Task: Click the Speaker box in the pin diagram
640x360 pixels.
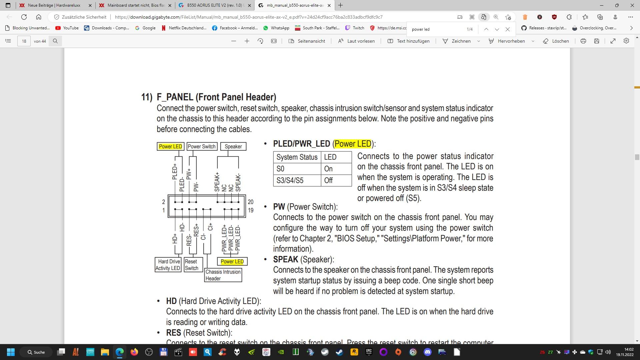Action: click(233, 146)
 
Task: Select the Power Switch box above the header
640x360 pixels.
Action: click(202, 146)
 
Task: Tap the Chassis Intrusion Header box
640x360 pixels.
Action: click(223, 275)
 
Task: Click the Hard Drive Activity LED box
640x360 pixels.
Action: click(168, 265)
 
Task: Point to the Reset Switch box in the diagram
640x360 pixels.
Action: click(193, 265)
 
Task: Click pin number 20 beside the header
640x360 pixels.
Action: click(251, 202)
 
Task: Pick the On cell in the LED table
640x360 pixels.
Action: click(336, 169)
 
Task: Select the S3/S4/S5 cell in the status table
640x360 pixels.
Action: click(297, 180)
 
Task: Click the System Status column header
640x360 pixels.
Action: click(297, 157)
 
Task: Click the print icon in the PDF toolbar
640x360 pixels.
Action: click(583, 41)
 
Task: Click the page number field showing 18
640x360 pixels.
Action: click(24, 41)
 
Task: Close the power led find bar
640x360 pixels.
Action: click(508, 29)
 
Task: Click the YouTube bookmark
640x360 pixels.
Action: click(67, 28)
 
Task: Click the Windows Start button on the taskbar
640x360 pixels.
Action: click(11, 352)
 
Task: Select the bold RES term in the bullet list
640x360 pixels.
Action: click(174, 333)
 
